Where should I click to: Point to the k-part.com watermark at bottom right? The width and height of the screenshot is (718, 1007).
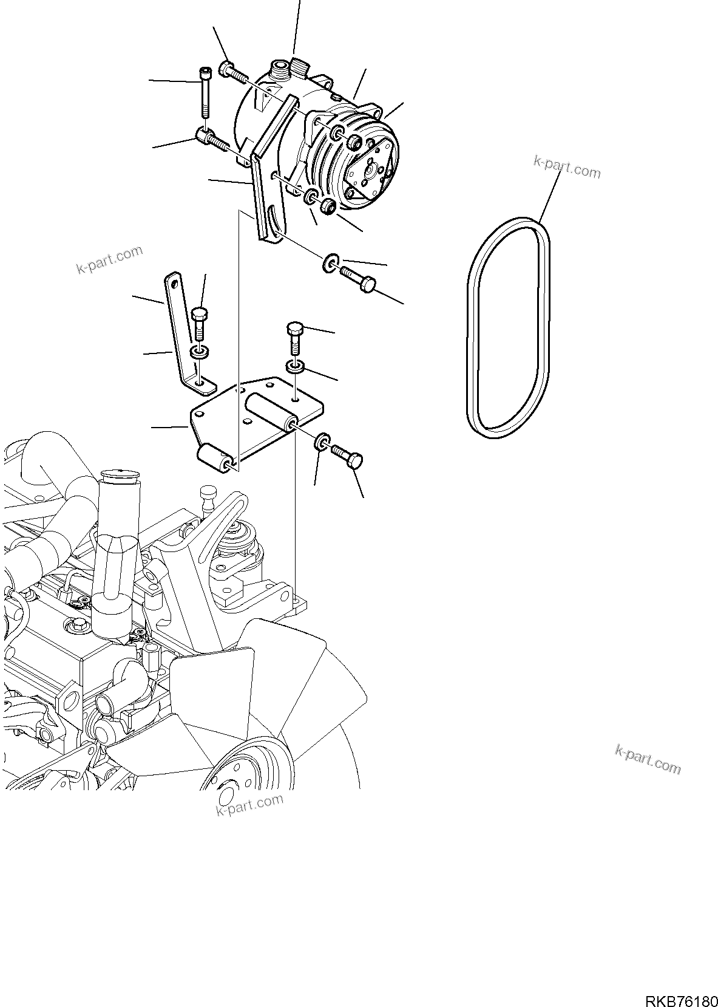point(647,759)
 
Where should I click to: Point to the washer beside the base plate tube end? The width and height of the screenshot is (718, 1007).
point(322,442)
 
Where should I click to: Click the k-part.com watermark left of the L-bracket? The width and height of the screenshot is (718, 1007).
point(109,259)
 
